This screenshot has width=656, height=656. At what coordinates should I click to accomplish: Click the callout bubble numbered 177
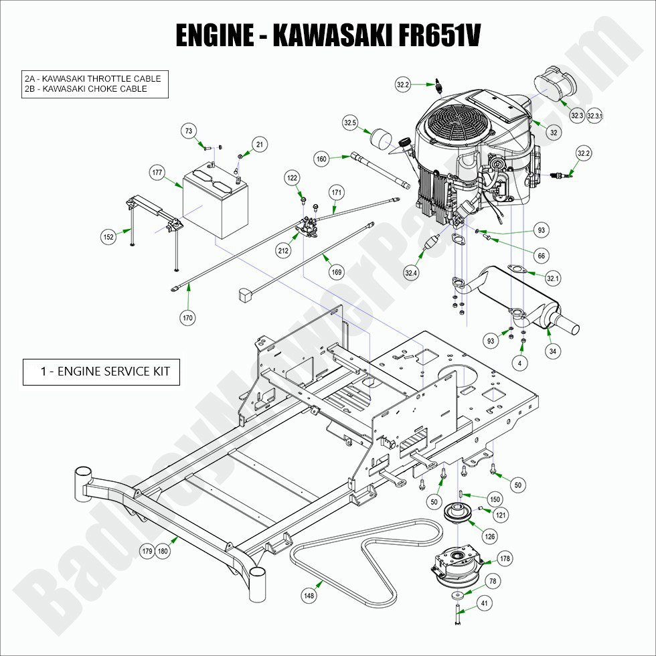click(157, 173)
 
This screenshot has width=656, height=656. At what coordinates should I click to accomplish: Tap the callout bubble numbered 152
click(108, 236)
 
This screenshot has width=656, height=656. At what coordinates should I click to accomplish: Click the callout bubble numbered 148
click(309, 594)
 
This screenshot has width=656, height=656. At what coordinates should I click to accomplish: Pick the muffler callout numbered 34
click(552, 351)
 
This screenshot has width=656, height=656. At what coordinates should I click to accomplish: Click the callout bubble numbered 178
click(505, 559)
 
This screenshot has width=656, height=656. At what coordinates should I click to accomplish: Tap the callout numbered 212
click(283, 251)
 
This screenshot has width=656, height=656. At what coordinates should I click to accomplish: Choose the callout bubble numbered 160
click(322, 159)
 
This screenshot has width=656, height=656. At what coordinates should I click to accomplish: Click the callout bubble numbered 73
click(189, 131)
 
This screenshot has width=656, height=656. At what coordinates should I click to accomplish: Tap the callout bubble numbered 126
click(491, 536)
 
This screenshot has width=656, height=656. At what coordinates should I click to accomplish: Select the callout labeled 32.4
click(411, 272)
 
